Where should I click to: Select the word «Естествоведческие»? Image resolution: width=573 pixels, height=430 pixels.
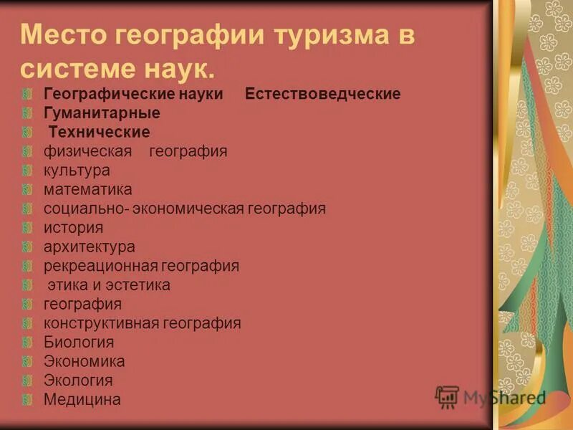coord(322,94)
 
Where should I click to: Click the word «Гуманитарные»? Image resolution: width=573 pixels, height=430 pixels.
coord(102,113)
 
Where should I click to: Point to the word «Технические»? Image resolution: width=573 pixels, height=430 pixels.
coord(100,133)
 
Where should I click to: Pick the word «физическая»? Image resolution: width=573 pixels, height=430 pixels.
coord(87,151)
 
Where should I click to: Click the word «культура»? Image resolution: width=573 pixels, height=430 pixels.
coord(77,171)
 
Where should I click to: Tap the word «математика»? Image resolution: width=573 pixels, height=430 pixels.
coord(87,189)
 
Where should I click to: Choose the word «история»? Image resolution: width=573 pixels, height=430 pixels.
coord(73,228)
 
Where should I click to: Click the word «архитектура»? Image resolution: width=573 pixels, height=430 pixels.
coord(89,247)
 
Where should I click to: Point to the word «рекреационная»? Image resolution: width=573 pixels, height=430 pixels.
coord(100,266)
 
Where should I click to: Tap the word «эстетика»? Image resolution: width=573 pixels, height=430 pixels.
coord(139,285)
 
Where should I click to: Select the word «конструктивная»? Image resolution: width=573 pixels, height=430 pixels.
coord(102,323)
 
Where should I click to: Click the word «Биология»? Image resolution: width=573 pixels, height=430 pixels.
coord(79,342)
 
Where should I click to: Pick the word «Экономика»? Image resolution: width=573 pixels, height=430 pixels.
coord(84,361)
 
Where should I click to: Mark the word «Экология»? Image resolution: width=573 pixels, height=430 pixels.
coord(78,381)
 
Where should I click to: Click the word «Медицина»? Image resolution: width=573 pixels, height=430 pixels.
coord(82,399)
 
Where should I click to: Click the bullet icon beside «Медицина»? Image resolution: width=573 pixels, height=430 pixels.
coord(27,399)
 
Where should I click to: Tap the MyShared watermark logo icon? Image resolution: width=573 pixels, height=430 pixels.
coord(447,396)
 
